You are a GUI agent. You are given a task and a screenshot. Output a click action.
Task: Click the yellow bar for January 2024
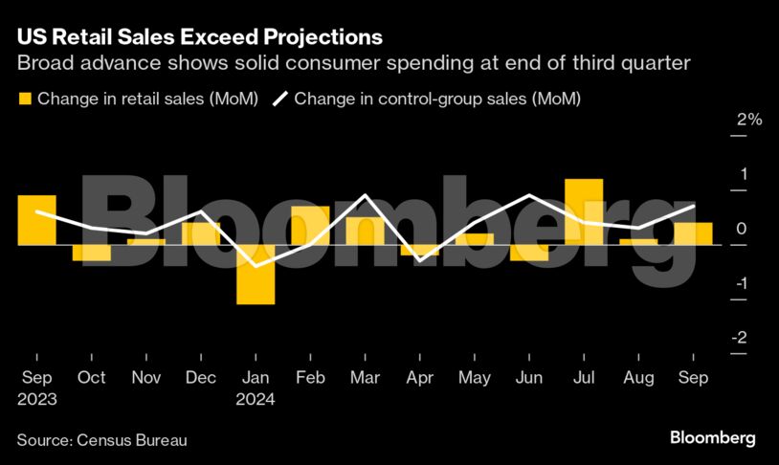click(x=256, y=275)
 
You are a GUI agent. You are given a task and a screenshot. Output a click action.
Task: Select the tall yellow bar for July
click(x=583, y=211)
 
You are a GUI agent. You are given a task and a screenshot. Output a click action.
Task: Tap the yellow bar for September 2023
click(x=36, y=220)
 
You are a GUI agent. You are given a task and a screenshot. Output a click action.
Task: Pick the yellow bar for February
click(x=310, y=226)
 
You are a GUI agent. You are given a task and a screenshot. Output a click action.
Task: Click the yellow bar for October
click(x=92, y=253)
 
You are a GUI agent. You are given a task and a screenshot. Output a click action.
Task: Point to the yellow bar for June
click(x=529, y=253)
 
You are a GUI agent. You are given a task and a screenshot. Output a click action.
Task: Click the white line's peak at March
click(x=366, y=195)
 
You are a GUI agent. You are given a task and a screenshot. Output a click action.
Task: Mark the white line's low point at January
click(x=256, y=265)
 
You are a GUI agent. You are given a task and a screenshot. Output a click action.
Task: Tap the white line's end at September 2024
click(x=694, y=206)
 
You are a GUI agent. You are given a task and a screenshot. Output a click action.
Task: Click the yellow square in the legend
click(x=25, y=99)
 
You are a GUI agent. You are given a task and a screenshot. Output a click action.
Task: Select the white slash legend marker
click(x=281, y=99)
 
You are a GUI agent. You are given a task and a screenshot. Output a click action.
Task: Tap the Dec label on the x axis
click(x=201, y=378)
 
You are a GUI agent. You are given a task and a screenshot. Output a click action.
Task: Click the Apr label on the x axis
click(x=420, y=378)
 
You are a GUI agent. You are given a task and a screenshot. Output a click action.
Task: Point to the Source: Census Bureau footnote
click(x=101, y=440)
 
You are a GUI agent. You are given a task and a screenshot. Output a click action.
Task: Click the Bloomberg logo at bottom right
click(x=712, y=438)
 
